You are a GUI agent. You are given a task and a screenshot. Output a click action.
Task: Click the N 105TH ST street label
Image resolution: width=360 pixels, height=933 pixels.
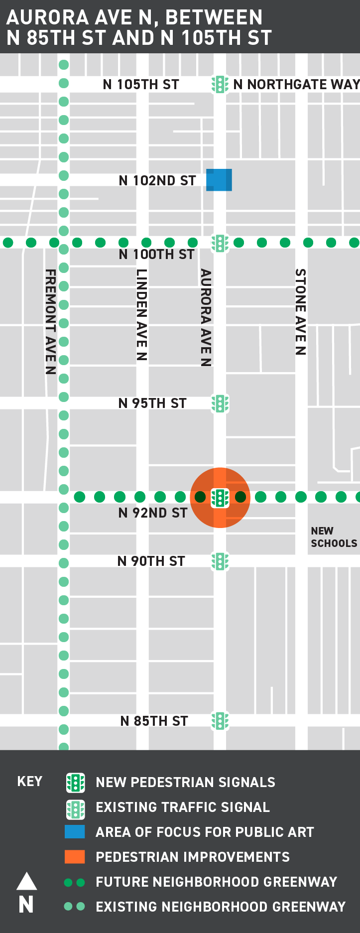coord(141,85)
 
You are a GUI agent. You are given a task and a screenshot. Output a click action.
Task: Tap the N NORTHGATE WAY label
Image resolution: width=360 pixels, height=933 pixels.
coord(296,85)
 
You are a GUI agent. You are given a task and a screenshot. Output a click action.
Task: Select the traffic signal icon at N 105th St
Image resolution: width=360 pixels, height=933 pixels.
coord(220,84)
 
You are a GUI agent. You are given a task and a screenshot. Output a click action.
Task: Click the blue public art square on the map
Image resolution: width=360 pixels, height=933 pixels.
coord(219,180)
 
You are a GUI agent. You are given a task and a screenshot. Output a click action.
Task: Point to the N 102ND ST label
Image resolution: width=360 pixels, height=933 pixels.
coord(157,181)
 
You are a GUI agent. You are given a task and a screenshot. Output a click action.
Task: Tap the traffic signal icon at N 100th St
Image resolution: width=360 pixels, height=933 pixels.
coord(220,243)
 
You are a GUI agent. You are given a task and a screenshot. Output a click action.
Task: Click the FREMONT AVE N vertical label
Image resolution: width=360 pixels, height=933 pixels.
coord(50,321)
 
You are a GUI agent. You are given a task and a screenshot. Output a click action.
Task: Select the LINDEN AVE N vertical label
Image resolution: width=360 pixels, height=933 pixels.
coord(142,314)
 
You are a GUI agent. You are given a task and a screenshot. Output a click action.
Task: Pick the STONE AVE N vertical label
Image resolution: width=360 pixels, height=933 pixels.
coord(300,311)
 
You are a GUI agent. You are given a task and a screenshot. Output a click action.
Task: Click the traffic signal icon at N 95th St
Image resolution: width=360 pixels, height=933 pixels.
coord(220,403)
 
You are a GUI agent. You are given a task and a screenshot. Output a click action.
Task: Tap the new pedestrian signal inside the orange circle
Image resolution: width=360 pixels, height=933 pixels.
coord(220,498)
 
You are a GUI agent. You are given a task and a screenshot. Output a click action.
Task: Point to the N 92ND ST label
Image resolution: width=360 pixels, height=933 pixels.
coord(153,513)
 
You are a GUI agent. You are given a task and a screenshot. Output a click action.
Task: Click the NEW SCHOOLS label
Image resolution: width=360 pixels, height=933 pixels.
coord(334,537)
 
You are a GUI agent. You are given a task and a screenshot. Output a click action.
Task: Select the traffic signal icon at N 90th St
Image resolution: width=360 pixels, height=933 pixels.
coord(220,561)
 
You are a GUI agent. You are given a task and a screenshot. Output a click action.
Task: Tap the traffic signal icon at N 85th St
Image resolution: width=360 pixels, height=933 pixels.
coord(220,721)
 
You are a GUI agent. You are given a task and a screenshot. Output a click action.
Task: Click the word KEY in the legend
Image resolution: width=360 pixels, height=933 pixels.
coord(30,782)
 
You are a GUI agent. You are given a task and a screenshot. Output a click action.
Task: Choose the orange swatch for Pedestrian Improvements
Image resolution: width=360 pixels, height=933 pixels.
coord(75,857)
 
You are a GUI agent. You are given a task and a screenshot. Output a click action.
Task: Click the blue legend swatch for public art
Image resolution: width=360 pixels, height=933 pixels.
coord(75,832)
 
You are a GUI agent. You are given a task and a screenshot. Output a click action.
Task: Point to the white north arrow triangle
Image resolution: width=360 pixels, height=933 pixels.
coord(27,881)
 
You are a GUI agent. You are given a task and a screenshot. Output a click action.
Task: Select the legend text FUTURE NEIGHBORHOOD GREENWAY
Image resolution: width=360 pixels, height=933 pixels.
coord(216,882)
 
